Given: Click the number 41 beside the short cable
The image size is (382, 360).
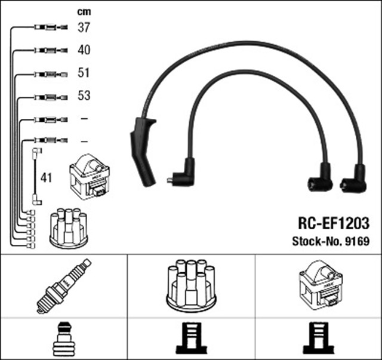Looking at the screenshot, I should tap(47, 177).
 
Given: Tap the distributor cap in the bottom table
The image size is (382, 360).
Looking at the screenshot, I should tap(191, 285).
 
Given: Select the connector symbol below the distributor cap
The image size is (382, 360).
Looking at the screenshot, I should tap(190, 340).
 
